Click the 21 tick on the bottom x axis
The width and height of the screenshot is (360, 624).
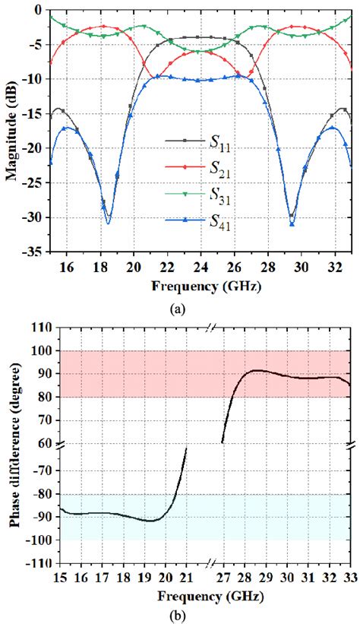click(x=187, y=576)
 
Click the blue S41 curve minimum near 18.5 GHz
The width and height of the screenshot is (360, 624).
click(x=109, y=223)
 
